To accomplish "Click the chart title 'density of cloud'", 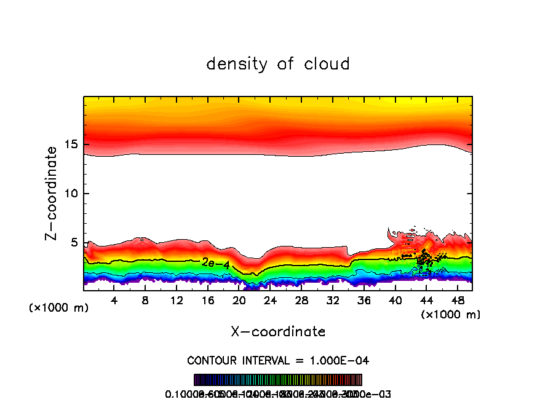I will click(x=278, y=64).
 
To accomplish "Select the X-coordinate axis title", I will click(x=278, y=332).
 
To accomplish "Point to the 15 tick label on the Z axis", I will click(x=71, y=145).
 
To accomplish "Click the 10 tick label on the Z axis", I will click(x=71, y=194).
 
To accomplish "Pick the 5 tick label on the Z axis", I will click(x=74, y=243).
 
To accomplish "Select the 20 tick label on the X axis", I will click(x=239, y=301).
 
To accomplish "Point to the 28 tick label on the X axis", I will click(x=301, y=301).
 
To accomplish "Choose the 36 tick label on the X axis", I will click(x=363, y=301).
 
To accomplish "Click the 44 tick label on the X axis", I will click(x=426, y=301).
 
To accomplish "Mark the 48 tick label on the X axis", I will click(x=457, y=301).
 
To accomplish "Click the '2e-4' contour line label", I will click(x=216, y=262).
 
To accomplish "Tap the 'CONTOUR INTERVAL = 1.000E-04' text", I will click(x=278, y=360).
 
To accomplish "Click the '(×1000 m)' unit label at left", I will click(x=59, y=307).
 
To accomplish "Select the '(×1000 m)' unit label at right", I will click(x=451, y=314).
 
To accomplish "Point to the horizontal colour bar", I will click(x=278, y=380).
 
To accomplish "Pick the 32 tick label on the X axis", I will click(x=332, y=301).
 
